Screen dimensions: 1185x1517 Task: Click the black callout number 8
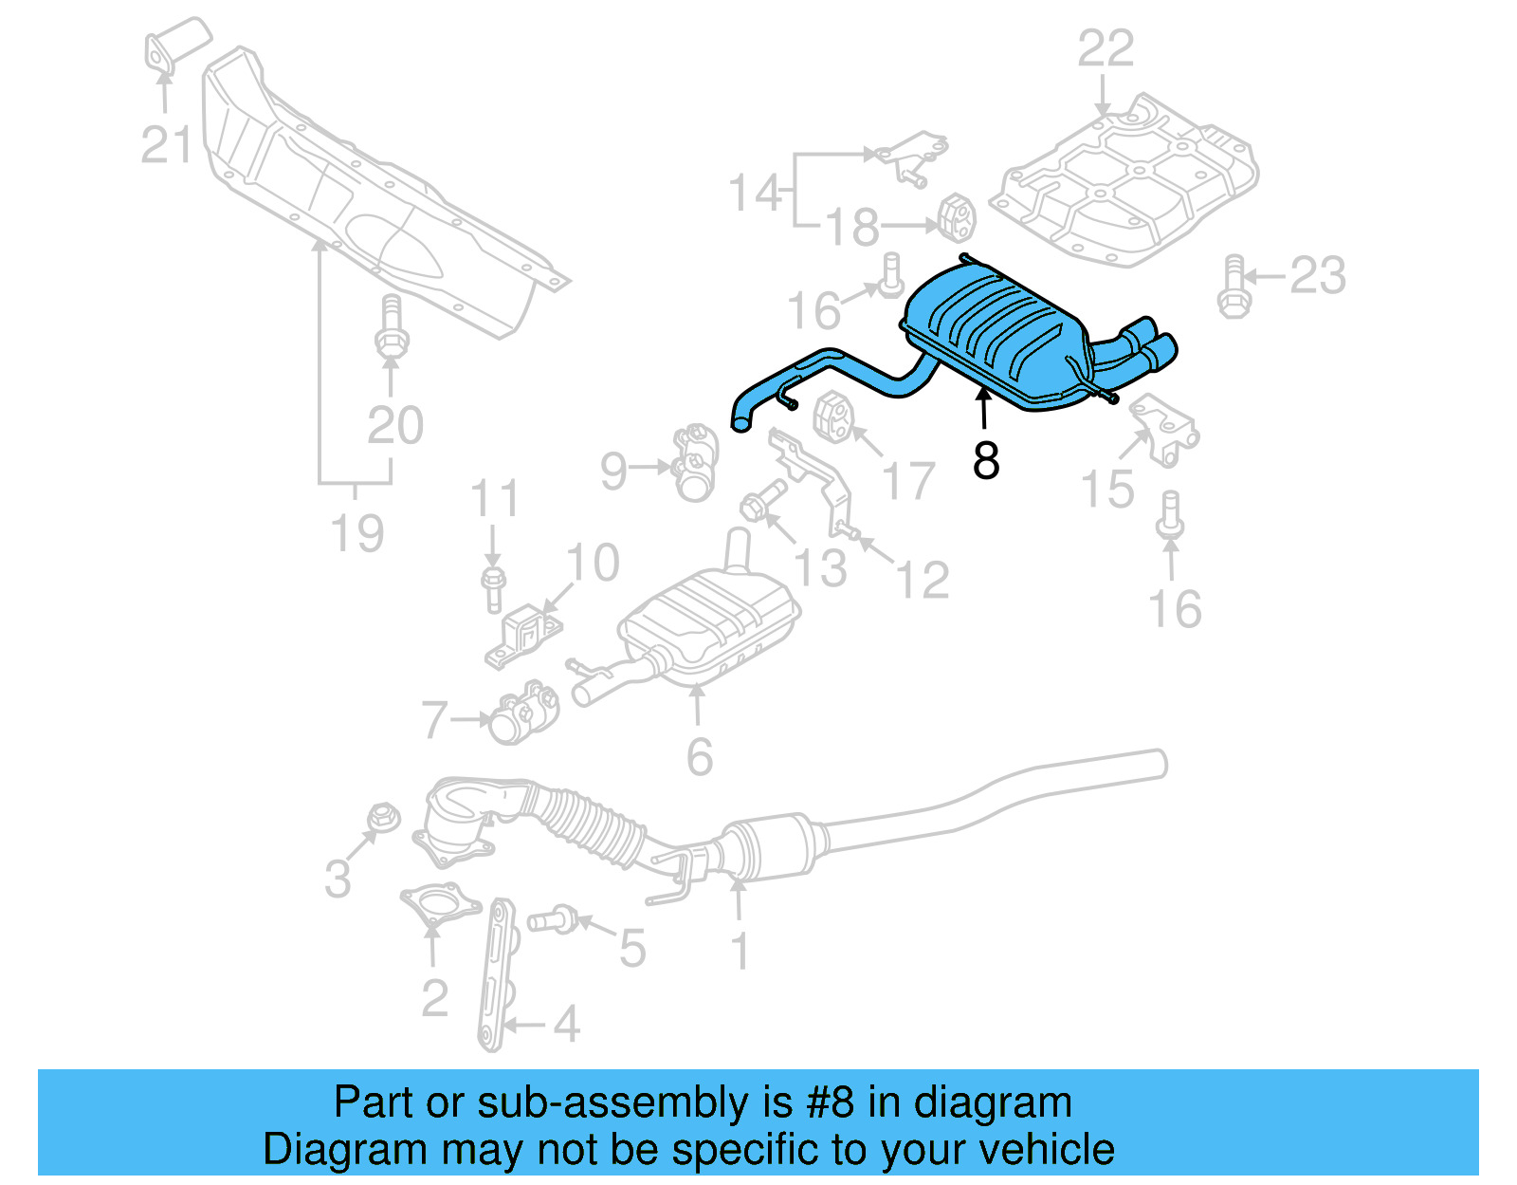click(x=986, y=460)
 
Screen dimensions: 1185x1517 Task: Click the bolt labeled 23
click(x=1233, y=287)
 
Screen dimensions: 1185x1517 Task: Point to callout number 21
click(x=167, y=145)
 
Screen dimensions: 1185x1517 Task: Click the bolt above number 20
click(x=390, y=328)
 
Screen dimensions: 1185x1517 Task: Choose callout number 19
click(x=357, y=533)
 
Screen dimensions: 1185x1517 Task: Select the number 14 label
click(x=755, y=193)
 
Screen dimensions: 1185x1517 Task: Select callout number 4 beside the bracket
click(x=566, y=1025)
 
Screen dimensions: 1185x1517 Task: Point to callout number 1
click(x=740, y=952)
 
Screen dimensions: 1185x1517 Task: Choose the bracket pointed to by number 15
click(x=1165, y=433)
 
